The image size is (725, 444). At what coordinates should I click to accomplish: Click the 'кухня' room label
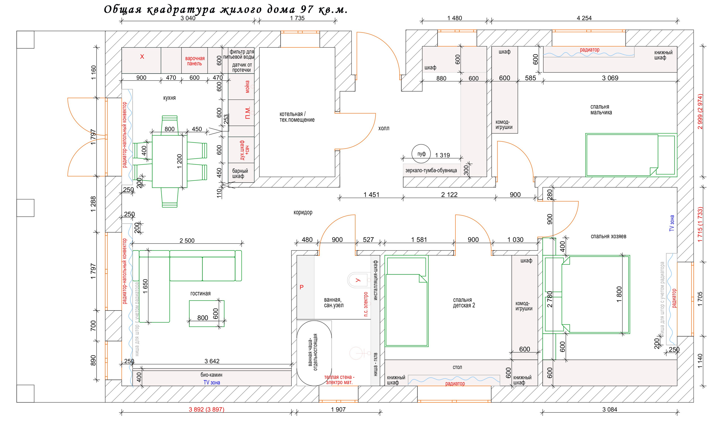point(169,98)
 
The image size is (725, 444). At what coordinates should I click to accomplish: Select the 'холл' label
point(383,128)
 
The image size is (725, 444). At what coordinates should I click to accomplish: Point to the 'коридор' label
point(303,212)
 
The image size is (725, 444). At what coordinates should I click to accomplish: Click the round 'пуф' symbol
point(421,154)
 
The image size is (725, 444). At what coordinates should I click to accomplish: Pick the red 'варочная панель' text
point(195,61)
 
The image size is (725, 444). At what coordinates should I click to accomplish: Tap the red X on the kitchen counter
point(142,57)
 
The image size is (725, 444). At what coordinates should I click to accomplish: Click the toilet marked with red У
point(358,280)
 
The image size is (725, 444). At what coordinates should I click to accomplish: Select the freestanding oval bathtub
point(314,353)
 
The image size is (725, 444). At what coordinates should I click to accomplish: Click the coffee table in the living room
point(206,313)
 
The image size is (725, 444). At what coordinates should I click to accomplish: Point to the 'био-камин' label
point(211,375)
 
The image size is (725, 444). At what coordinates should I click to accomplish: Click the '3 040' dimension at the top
point(188,18)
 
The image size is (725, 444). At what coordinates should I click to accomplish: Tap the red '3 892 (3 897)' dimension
point(206,409)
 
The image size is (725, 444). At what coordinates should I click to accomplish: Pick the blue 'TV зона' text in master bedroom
point(672,223)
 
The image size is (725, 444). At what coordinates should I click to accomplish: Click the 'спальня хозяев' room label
point(608,236)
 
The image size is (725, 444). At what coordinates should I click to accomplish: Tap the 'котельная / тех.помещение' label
point(297,117)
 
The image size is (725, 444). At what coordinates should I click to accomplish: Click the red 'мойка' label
point(248,87)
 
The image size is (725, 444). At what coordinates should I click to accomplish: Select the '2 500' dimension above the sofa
point(187,241)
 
